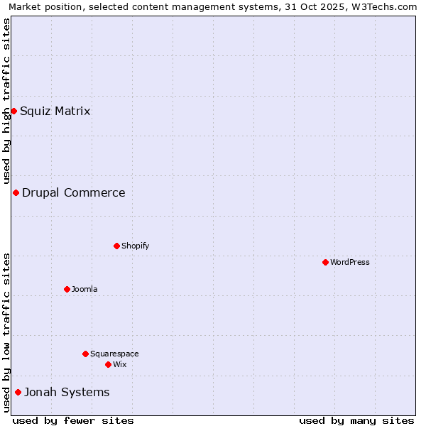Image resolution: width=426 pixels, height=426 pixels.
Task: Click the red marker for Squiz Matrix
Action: click(x=13, y=111)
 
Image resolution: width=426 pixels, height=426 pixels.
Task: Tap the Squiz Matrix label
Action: click(x=55, y=111)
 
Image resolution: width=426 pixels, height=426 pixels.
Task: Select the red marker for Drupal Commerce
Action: click(x=16, y=192)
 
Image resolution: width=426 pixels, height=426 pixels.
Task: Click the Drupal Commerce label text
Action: click(x=73, y=192)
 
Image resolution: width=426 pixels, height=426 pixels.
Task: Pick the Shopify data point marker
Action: click(x=116, y=246)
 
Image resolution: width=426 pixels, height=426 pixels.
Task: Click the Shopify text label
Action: click(x=135, y=246)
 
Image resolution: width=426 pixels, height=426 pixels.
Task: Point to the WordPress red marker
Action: click(x=325, y=262)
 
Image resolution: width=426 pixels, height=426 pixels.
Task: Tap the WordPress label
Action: click(x=350, y=262)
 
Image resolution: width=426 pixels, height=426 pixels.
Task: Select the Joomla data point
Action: click(x=67, y=289)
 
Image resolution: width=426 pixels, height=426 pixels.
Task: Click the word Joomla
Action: click(x=84, y=289)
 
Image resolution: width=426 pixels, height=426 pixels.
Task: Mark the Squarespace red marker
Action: click(x=85, y=354)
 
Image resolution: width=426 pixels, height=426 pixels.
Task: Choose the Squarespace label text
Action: click(x=114, y=354)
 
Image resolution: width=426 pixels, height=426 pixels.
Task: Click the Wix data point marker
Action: click(x=108, y=364)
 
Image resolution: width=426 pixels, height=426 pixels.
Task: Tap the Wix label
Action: click(x=119, y=364)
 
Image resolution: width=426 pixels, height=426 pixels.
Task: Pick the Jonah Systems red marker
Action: click(x=18, y=392)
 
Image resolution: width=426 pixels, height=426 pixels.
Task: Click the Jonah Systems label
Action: click(x=67, y=392)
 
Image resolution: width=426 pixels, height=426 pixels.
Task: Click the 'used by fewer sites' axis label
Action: click(x=73, y=420)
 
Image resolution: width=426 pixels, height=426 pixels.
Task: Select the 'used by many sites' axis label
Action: click(x=356, y=420)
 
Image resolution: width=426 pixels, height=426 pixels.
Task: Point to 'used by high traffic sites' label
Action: click(x=6, y=101)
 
